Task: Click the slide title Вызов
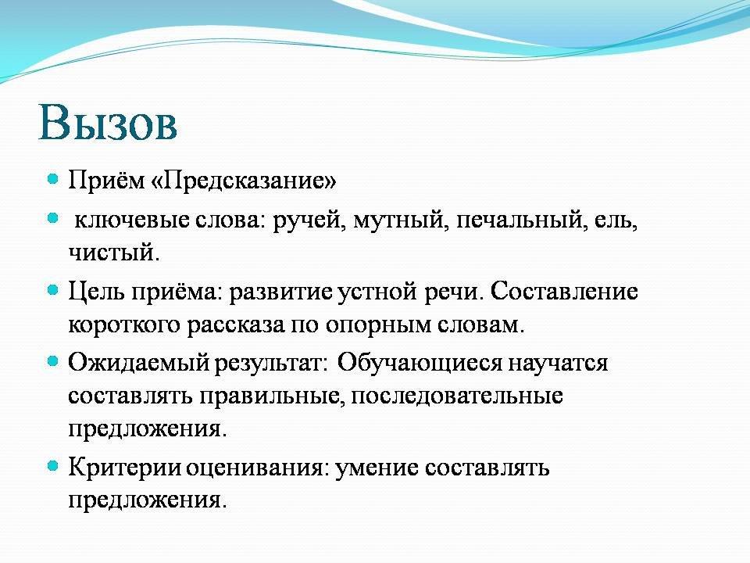click(x=108, y=123)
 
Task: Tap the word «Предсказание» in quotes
click(x=244, y=181)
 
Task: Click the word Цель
click(x=97, y=291)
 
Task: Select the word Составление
click(x=564, y=291)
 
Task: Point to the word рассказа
click(x=235, y=325)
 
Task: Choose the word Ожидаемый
click(x=139, y=362)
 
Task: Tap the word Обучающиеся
click(x=420, y=362)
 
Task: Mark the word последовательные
click(x=457, y=396)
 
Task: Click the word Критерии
click(x=124, y=467)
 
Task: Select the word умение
click(x=377, y=468)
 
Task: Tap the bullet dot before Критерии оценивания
click(x=53, y=465)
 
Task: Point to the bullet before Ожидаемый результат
click(x=53, y=361)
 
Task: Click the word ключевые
click(x=131, y=221)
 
